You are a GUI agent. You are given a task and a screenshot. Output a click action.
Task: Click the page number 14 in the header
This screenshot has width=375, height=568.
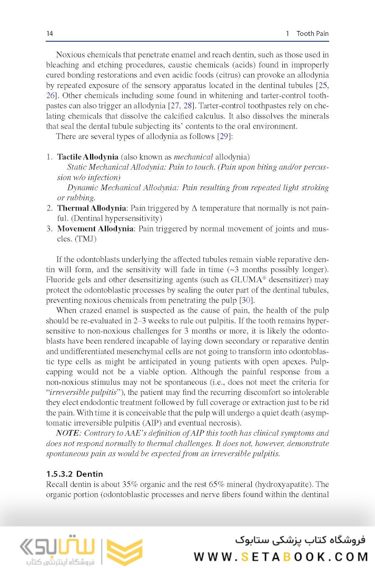(x=50, y=34)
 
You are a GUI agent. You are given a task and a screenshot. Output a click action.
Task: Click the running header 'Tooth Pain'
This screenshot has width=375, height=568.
(x=312, y=34)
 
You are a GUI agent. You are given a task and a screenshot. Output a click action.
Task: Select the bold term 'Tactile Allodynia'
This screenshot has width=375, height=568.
(x=87, y=157)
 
